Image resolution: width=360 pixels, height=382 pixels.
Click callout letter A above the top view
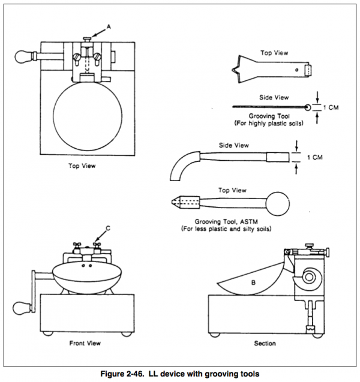pos(109,26)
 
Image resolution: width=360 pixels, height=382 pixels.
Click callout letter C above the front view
pos(107,227)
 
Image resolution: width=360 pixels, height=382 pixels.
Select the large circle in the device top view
pos(89,118)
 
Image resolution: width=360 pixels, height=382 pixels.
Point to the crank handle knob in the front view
pos(20,310)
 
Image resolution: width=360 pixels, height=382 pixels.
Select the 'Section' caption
pos(264,344)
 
